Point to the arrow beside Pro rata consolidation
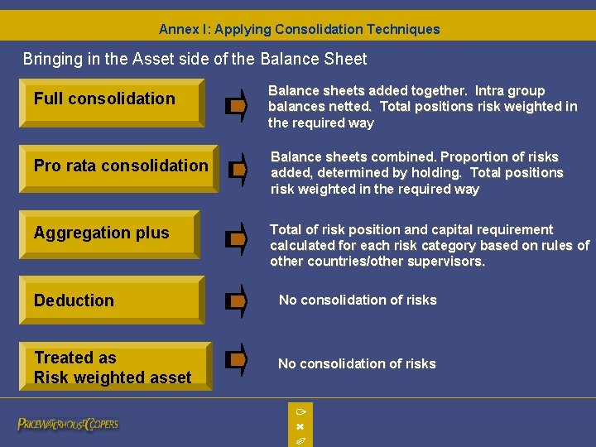[237, 170]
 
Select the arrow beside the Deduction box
[237, 301]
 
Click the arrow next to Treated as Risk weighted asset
[237, 360]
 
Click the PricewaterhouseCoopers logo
[68, 424]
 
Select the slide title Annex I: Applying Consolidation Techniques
[299, 29]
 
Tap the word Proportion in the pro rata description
[474, 156]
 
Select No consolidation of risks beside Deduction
[358, 300]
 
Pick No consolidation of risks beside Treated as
[357, 363]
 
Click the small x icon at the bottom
[300, 426]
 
